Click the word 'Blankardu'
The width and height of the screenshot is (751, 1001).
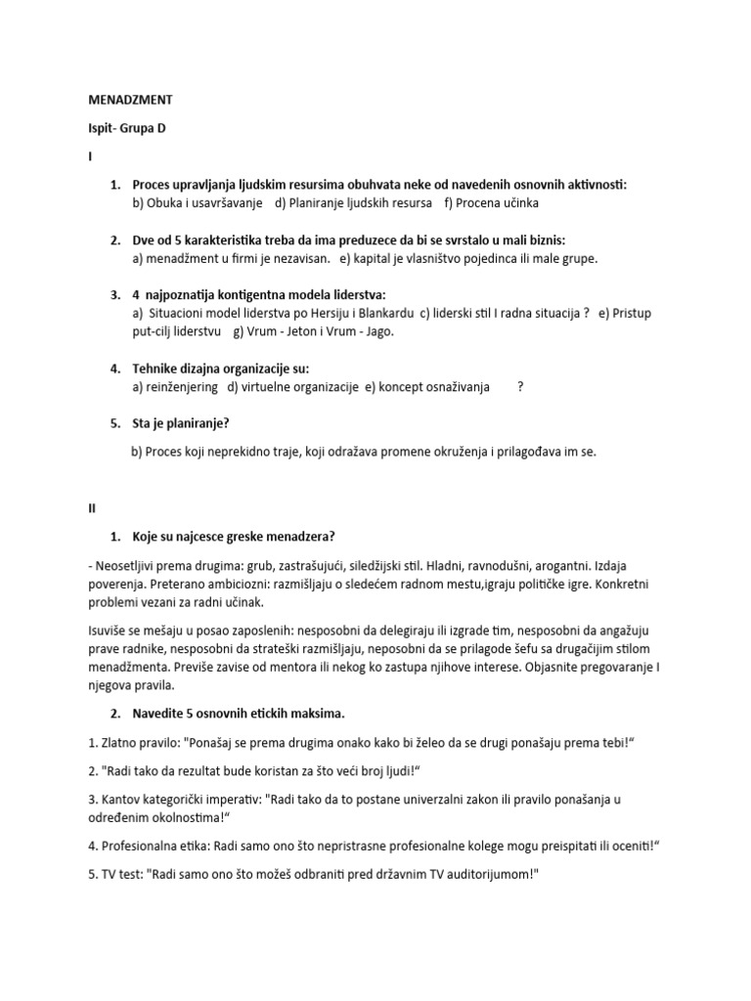[x=379, y=313]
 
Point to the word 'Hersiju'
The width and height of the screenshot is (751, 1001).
[x=319, y=313]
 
